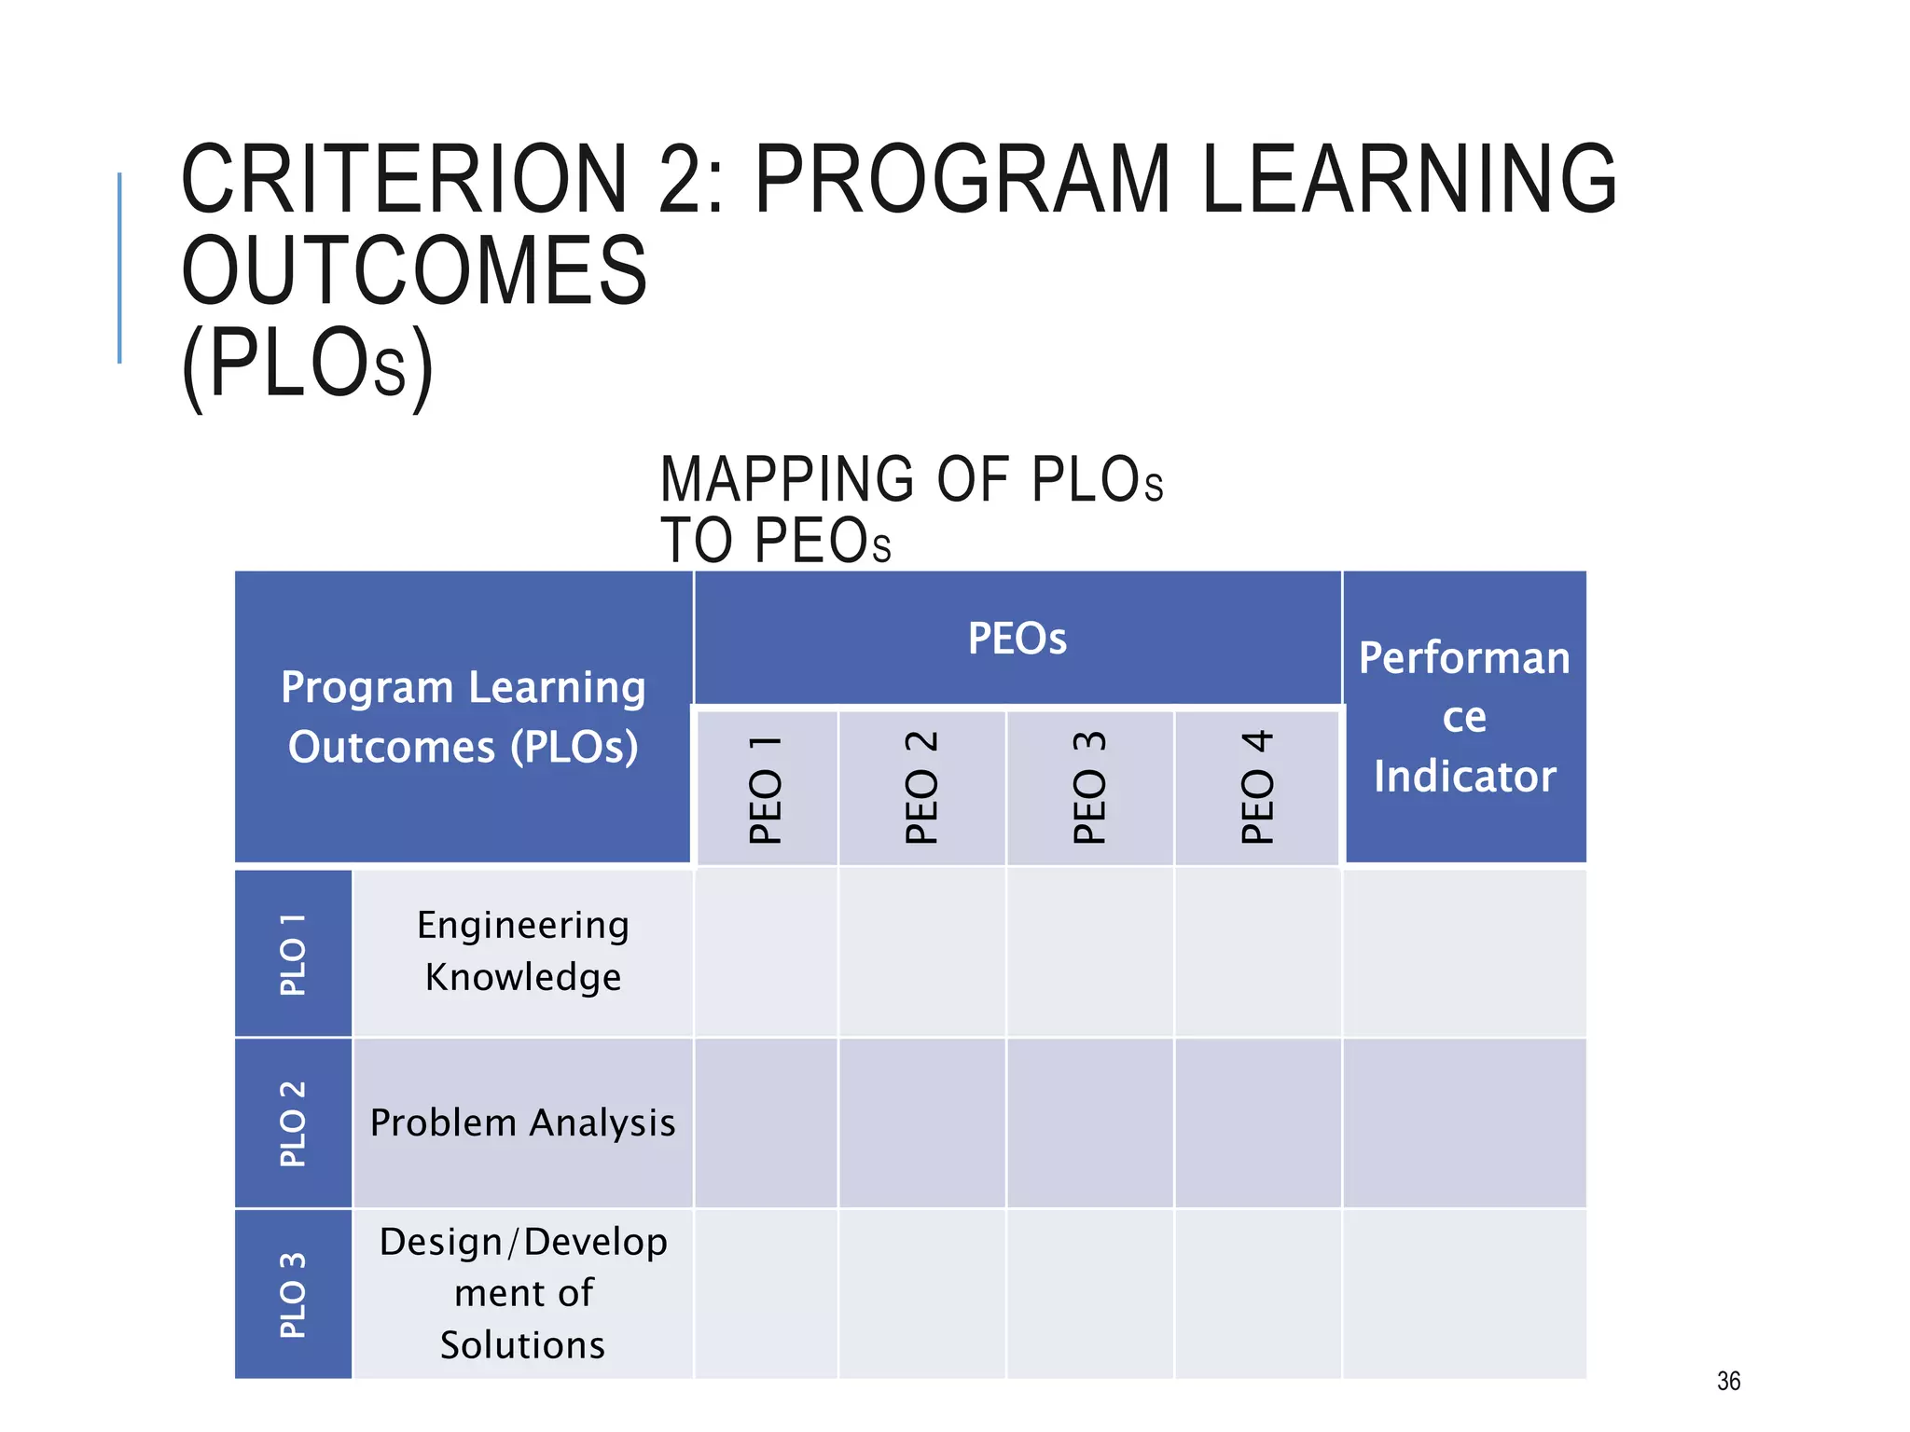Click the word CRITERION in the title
point(404,179)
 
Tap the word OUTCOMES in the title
point(414,271)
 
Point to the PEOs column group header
point(1017,639)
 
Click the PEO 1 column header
point(766,789)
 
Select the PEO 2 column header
point(921,789)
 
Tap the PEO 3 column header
point(1089,789)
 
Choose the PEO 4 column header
point(1257,789)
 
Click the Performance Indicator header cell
point(1464,717)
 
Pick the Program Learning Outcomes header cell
point(463,717)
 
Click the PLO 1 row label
point(293,954)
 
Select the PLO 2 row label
point(293,1123)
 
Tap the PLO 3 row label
point(293,1294)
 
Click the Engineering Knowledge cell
point(522,951)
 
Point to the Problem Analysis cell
point(522,1123)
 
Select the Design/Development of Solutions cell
point(522,1294)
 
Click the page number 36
point(1728,1381)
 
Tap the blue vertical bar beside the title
point(119,268)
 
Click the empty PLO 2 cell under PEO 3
point(1089,1123)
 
